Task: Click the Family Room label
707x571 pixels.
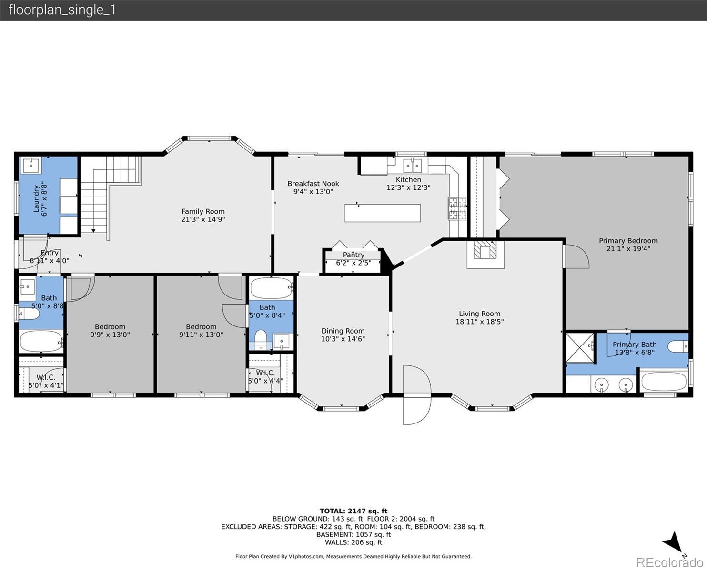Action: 203,211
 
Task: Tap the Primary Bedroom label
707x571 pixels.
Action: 628,241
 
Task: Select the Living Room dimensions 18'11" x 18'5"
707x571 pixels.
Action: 479,322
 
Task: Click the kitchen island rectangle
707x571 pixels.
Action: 383,213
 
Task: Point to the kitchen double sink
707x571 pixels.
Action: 412,166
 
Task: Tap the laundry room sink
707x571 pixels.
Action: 30,165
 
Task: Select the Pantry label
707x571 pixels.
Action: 353,255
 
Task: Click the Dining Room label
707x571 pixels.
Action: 343,331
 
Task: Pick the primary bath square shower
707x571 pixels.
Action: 579,348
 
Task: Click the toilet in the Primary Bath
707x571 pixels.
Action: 677,346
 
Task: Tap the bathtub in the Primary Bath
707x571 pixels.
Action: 664,382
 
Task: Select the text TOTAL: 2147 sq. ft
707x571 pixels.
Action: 353,511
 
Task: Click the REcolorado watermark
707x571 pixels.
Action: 669,563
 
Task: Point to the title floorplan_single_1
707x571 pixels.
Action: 62,10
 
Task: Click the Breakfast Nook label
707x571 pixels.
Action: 313,184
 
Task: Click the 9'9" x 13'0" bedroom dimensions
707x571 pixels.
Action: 110,335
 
